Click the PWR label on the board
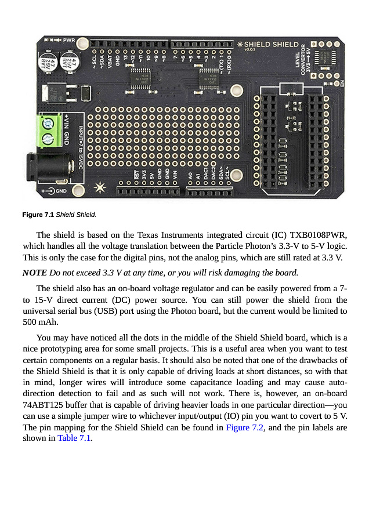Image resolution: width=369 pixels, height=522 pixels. point(68,40)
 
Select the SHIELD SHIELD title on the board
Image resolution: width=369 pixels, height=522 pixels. point(270,44)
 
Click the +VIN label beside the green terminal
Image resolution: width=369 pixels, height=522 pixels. point(66,123)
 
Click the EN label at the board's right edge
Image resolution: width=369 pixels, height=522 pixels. point(342,83)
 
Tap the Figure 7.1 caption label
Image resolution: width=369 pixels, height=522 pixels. point(38,215)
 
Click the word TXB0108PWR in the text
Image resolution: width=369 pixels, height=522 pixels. point(318,235)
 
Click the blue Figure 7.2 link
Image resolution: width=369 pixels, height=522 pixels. point(245,427)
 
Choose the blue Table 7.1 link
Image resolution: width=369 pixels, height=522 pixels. point(75,438)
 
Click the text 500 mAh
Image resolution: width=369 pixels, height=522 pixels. point(42,321)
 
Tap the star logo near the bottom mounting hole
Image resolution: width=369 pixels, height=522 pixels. point(100,187)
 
